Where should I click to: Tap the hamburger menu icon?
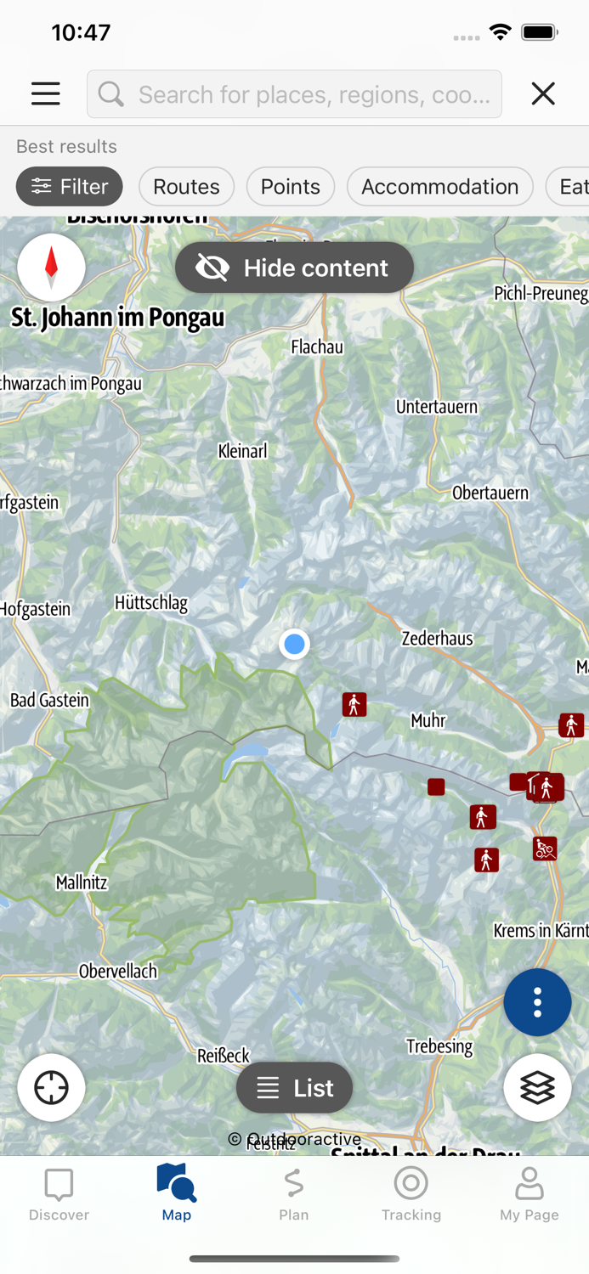pos(46,93)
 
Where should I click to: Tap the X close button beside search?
pos(543,93)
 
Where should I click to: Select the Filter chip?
pos(70,187)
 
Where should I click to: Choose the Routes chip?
pos(186,187)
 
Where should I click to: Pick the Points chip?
pos(291,187)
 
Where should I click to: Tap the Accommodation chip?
pos(439,187)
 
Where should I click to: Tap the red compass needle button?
pos(51,267)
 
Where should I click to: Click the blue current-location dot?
pos(294,645)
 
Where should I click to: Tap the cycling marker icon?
pos(545,848)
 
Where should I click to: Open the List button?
pos(294,1088)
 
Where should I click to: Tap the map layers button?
pos(537,1088)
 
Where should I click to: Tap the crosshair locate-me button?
pos(51,1088)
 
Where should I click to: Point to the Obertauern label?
pos(490,493)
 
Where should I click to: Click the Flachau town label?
pos(317,347)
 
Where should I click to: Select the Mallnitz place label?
pos(82,882)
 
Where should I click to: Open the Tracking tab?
pos(411,1193)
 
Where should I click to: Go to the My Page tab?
pos(529,1193)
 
